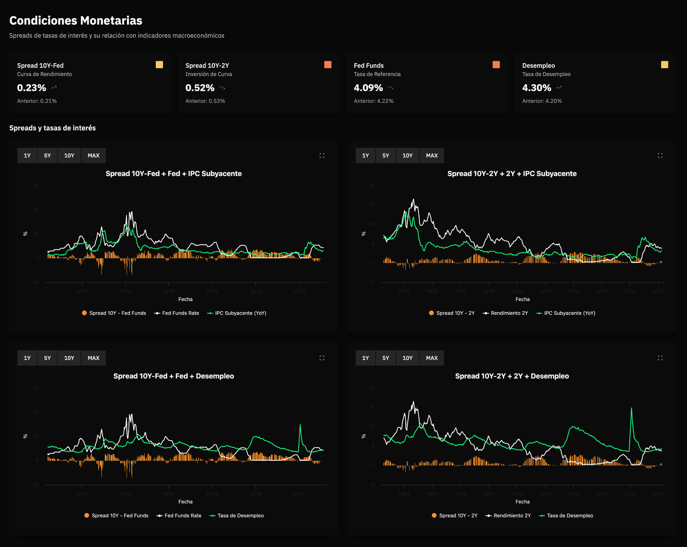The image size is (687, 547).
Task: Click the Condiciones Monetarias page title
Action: click(x=76, y=20)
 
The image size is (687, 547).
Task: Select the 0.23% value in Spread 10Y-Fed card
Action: click(x=32, y=88)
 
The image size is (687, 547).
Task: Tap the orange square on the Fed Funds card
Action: click(x=496, y=65)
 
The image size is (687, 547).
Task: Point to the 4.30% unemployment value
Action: click(x=536, y=88)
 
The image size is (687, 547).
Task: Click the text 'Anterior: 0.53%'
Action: click(x=205, y=101)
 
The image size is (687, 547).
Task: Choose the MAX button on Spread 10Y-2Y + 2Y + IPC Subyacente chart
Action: click(x=432, y=155)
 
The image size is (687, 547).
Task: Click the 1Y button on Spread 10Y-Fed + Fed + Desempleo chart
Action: click(x=27, y=358)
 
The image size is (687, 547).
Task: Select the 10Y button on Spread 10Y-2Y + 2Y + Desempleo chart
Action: click(x=407, y=358)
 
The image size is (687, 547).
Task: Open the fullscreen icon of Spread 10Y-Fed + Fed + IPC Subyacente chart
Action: click(x=322, y=155)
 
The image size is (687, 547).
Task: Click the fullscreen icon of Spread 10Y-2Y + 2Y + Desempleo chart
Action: click(x=660, y=358)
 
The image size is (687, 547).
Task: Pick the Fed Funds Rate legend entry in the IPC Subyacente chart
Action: click(x=177, y=313)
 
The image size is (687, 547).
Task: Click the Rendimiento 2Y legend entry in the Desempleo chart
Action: click(x=509, y=516)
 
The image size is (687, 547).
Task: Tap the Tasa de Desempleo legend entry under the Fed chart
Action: click(x=237, y=516)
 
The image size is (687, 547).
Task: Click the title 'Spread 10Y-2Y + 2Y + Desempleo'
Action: click(x=512, y=376)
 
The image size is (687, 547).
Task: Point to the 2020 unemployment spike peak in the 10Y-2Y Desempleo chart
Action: click(x=631, y=409)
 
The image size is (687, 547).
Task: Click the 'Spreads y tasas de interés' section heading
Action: click(x=53, y=128)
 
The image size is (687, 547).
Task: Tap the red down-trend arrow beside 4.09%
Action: click(x=391, y=88)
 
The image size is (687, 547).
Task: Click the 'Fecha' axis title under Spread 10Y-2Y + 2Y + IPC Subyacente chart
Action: click(x=522, y=299)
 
